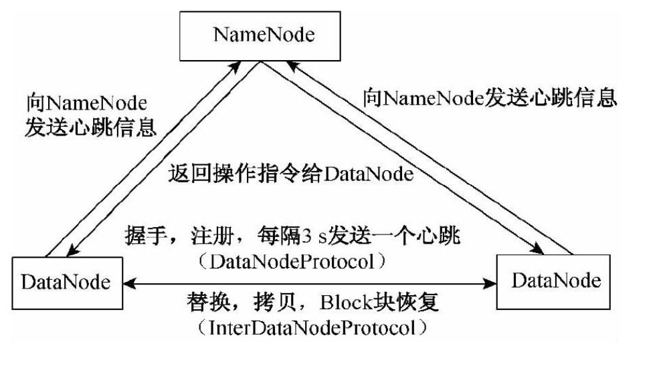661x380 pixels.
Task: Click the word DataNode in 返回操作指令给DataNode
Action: [371, 175]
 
